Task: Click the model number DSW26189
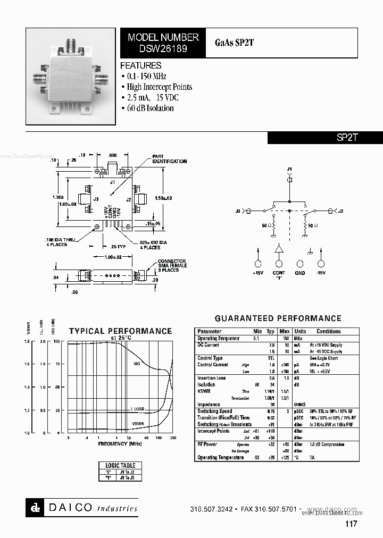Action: pyautogui.click(x=163, y=48)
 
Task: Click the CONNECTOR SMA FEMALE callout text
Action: pyautogui.click(x=172, y=266)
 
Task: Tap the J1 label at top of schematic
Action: pyautogui.click(x=290, y=169)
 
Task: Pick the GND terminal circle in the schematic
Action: pyautogui.click(x=300, y=264)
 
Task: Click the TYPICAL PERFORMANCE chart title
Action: pyautogui.click(x=120, y=331)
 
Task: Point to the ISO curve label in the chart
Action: pyautogui.click(x=137, y=364)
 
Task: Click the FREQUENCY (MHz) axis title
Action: pyautogui.click(x=120, y=443)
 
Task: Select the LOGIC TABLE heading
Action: pyautogui.click(x=121, y=465)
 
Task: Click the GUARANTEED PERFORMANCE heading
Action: pyautogui.click(x=278, y=318)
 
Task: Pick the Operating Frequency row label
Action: pyautogui.click(x=218, y=338)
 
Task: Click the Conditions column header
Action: pyautogui.click(x=328, y=331)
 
